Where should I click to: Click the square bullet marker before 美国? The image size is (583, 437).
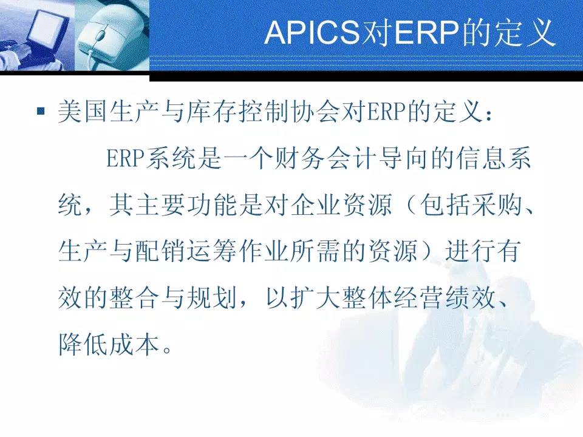coord(41,110)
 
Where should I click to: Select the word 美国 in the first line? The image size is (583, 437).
coord(83,112)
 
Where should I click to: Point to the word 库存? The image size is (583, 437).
coord(211,112)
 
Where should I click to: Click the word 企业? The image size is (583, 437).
coord(315,205)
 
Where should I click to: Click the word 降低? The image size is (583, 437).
coord(83,344)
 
